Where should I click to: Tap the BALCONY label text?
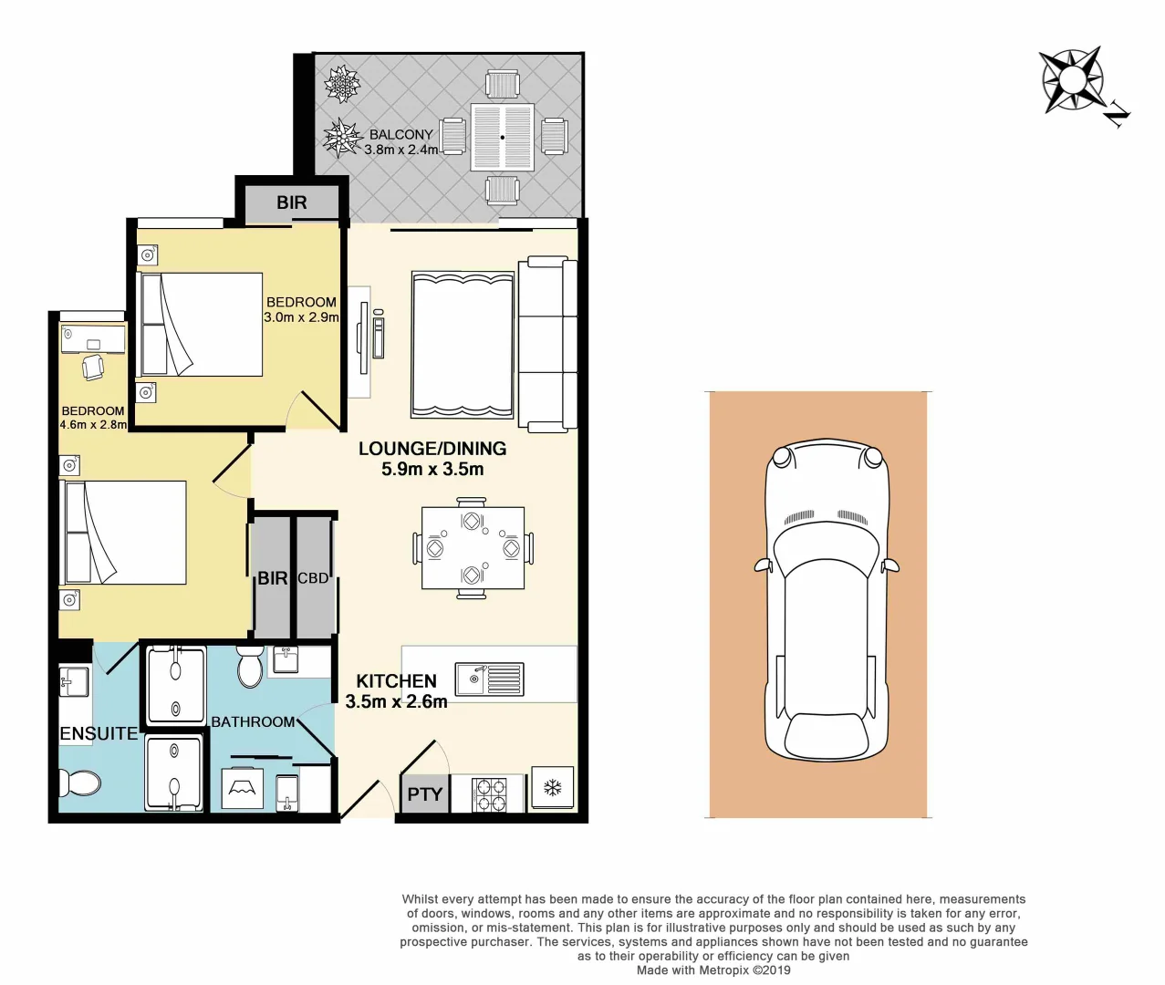click(x=400, y=134)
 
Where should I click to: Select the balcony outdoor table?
click(x=502, y=137)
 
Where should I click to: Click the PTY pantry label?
click(x=424, y=794)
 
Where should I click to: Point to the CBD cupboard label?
click(x=313, y=578)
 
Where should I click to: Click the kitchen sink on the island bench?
click(x=489, y=679)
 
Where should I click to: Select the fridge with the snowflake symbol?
click(x=552, y=788)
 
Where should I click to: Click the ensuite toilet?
click(x=80, y=783)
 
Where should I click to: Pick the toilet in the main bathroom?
click(x=249, y=669)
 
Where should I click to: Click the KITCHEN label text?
click(x=396, y=681)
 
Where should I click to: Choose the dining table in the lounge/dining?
click(x=473, y=548)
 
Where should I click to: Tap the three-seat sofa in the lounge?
click(x=547, y=343)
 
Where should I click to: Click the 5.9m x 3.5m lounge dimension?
click(x=432, y=470)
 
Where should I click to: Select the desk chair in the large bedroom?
click(x=92, y=367)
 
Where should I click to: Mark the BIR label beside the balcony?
click(x=292, y=202)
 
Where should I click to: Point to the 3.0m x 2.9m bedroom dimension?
click(x=301, y=317)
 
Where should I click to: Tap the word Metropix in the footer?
click(x=723, y=970)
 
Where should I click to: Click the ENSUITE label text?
click(x=99, y=733)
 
